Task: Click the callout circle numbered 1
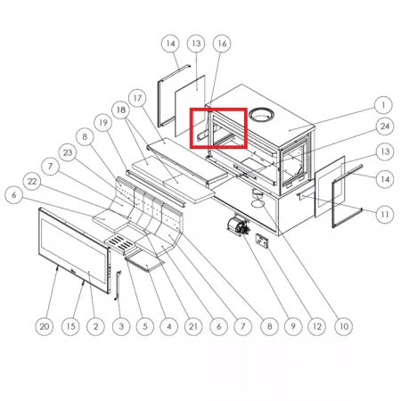tap(383, 105)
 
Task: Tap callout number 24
tap(385, 127)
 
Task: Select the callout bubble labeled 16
tap(222, 44)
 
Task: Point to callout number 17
tap(137, 98)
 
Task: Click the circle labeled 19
tap(102, 123)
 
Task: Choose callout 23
tap(68, 152)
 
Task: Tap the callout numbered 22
tap(32, 181)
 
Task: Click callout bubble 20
tap(45, 326)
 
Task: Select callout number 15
tap(70, 326)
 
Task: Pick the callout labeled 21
tap(193, 326)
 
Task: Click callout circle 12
tap(317, 326)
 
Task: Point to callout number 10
tap(344, 326)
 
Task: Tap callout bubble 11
tap(385, 214)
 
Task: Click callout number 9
tap(293, 326)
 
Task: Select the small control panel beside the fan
tap(263, 241)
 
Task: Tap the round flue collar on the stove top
tap(261, 115)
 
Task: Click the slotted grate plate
tap(120, 243)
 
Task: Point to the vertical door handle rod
tap(118, 285)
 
